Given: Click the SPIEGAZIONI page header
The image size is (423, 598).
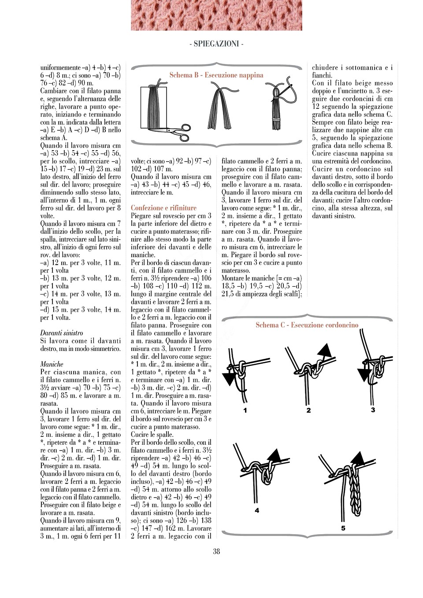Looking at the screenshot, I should pos(216,44).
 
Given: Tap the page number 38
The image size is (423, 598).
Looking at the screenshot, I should pos(216,551).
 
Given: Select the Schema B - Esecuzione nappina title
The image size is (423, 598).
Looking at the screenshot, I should pos(216,75).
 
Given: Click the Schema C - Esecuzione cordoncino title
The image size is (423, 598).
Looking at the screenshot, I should pos(307,325).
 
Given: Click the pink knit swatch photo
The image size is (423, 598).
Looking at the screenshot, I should pos(216,15).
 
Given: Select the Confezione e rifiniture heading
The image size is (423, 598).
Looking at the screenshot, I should pos(163,208).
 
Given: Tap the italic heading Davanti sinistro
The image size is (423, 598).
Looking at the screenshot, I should pos(62,333).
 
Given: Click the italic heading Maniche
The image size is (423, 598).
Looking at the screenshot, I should pos(52,364).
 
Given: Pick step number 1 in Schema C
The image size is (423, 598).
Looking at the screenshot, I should pos(245,410).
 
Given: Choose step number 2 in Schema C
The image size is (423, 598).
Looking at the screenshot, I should pos(308,410).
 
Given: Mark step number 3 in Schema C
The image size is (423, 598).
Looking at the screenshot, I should pos(373,410).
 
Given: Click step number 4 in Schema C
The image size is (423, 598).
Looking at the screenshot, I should pos(257,510).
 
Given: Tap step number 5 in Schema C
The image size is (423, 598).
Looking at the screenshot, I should pos(343,528).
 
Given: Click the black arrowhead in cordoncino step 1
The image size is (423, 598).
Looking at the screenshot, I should pos(229,378).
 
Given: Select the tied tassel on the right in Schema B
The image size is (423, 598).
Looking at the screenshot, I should pos(276,108).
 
